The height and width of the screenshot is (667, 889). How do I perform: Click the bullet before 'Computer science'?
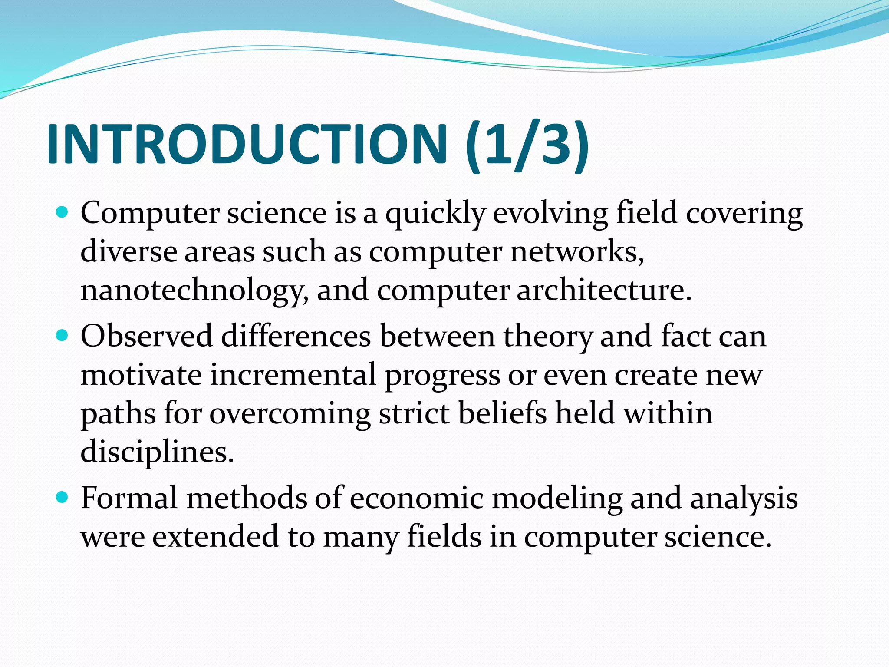pyautogui.click(x=63, y=212)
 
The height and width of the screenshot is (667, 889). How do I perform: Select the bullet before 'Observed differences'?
pyautogui.click(x=63, y=335)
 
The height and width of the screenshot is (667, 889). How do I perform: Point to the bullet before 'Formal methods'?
pyautogui.click(x=63, y=497)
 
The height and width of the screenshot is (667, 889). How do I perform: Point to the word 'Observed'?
pyautogui.click(x=146, y=336)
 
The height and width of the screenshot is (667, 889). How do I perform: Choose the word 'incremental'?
pyautogui.click(x=293, y=375)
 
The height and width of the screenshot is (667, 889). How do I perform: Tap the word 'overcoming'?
pyautogui.click(x=290, y=414)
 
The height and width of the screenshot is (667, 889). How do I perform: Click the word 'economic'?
pyautogui.click(x=416, y=498)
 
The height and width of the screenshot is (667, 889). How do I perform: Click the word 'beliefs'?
pyautogui.click(x=502, y=413)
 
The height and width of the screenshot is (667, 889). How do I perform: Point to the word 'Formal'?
pyautogui.click(x=129, y=498)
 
